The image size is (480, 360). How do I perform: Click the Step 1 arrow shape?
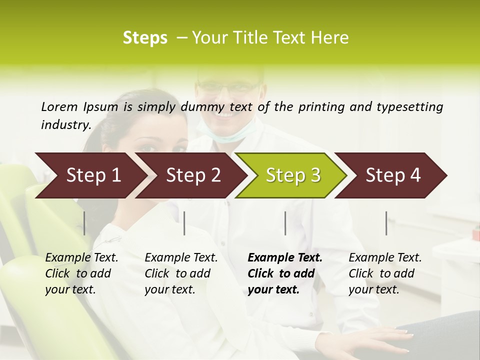90,175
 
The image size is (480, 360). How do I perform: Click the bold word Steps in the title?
145,38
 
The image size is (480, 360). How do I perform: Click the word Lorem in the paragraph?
59,107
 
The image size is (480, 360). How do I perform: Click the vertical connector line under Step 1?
84,223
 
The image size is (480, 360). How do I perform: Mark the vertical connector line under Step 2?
184,223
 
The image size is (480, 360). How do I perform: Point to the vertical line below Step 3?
285,223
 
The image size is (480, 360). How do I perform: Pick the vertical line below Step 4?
386,223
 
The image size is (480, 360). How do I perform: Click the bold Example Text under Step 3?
285,258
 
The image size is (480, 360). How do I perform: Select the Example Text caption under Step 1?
81,258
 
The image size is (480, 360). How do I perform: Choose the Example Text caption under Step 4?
385,258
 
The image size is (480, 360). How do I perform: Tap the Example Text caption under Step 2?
181,258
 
